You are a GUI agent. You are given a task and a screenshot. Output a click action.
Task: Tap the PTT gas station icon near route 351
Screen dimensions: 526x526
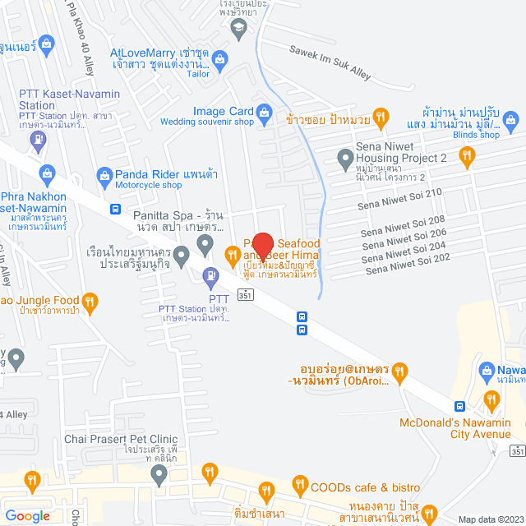pos(212,276)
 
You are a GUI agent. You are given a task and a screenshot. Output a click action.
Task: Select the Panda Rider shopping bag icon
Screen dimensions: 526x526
pos(104,174)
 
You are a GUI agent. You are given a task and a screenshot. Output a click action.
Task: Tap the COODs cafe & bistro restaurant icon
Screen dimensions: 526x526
pos(298,487)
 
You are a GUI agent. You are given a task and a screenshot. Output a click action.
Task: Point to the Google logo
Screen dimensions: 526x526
pos(26,515)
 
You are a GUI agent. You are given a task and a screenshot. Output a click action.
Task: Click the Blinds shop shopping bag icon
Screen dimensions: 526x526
pos(511,122)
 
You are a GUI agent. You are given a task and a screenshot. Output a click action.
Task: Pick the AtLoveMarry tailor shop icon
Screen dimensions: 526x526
pos(219,58)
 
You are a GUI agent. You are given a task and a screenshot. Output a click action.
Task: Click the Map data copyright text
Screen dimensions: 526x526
pos(491,519)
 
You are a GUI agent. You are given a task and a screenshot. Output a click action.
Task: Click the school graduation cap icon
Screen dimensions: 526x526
pos(238,29)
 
